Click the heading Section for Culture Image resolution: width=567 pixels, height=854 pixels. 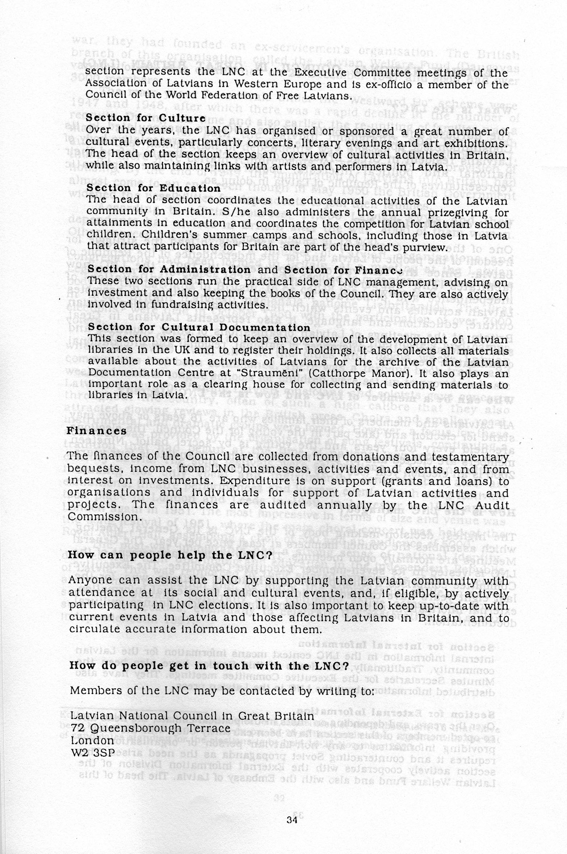pyautogui.click(x=146, y=118)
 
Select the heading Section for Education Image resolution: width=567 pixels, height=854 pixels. pyautogui.click(x=154, y=188)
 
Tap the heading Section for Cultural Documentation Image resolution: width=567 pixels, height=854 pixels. pyautogui.click(x=199, y=327)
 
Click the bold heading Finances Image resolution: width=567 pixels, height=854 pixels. pyautogui.click(x=96, y=431)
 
